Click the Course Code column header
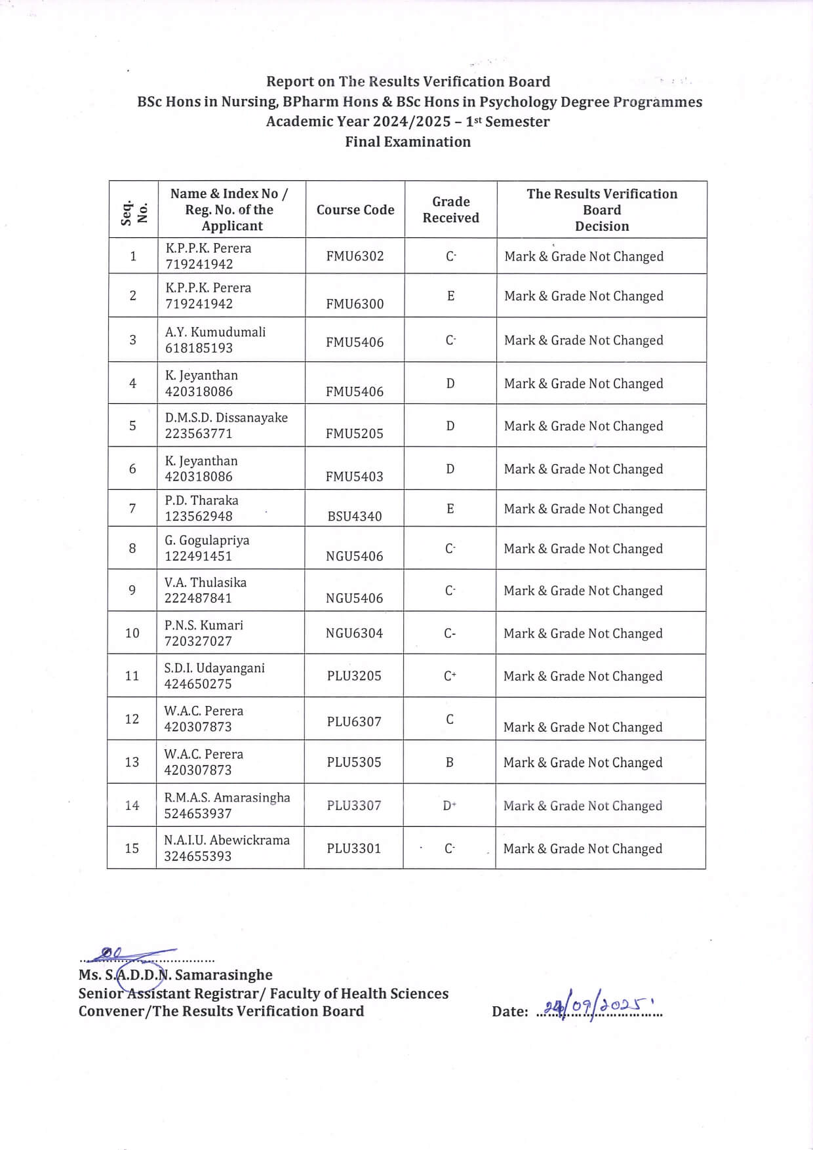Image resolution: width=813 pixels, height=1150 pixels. point(355,210)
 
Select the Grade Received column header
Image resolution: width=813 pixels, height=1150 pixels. point(450,210)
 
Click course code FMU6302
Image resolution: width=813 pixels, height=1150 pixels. point(355,256)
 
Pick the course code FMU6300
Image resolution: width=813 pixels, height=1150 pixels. point(355,304)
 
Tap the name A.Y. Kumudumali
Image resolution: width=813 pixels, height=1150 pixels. point(215,332)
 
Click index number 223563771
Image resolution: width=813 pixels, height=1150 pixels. point(199,433)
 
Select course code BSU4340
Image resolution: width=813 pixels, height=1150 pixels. point(354,516)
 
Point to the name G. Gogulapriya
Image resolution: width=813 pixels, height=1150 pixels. point(207,540)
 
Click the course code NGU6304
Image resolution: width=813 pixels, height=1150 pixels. point(354,633)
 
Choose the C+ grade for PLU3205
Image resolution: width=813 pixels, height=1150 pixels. point(450,676)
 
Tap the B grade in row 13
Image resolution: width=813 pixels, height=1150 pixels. point(450,763)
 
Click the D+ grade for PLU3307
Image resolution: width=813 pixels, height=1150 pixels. point(450,806)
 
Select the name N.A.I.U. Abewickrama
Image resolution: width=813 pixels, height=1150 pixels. point(227,841)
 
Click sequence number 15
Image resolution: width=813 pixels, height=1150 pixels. point(132,848)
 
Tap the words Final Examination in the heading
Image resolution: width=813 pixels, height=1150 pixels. point(408,142)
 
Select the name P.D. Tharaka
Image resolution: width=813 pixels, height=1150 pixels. point(201,500)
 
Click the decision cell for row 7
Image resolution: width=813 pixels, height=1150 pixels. point(583,509)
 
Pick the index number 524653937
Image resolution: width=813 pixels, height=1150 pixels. point(197,814)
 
